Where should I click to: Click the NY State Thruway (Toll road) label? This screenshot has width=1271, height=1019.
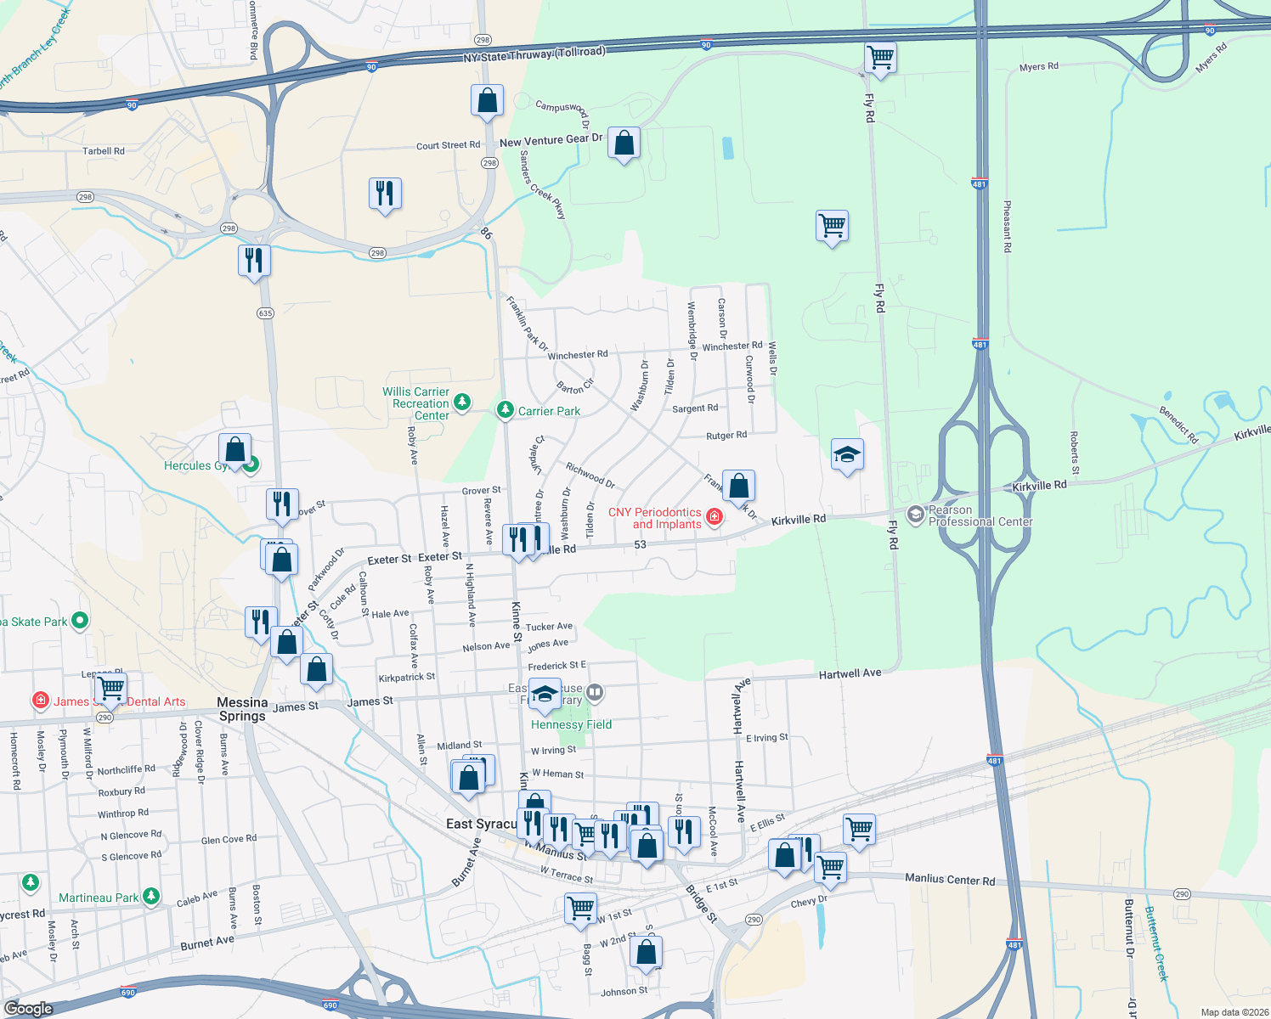[x=534, y=54]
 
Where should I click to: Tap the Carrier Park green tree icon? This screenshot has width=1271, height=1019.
[x=506, y=411]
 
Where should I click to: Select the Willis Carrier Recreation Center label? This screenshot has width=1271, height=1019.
[x=415, y=403]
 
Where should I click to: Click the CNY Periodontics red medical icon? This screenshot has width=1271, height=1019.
[x=715, y=516]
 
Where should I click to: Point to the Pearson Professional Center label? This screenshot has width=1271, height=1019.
[x=980, y=516]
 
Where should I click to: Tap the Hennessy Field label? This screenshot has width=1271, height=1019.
[x=571, y=724]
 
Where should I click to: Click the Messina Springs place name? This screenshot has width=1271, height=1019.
[x=242, y=709]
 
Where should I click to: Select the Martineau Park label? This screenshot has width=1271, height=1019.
[x=99, y=898]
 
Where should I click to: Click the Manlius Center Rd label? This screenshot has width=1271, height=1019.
[x=950, y=880]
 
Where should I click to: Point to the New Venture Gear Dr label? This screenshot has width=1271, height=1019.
[x=551, y=140]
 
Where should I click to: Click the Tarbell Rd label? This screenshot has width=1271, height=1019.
[x=104, y=151]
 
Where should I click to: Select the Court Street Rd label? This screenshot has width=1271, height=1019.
[x=448, y=145]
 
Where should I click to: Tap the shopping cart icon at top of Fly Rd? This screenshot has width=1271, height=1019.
[x=880, y=58]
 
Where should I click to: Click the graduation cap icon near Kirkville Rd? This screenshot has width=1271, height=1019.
[x=847, y=455]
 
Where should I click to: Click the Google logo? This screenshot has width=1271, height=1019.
[x=28, y=1009]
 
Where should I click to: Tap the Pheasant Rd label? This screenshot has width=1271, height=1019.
[x=1008, y=227]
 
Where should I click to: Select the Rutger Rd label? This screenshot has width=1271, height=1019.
[x=726, y=436]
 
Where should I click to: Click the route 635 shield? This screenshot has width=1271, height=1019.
[x=265, y=313]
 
